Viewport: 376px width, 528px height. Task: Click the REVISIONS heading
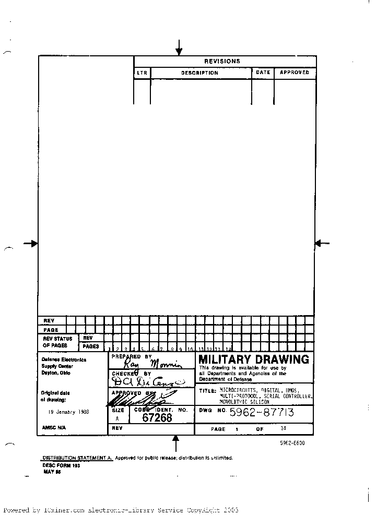coord(222,61)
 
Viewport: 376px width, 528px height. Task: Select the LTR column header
coord(142,73)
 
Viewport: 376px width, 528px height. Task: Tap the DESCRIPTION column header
coord(199,73)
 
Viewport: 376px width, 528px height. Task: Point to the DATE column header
coord(263,73)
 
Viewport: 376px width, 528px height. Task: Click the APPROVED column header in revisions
coord(295,73)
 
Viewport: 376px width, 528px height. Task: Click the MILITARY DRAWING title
coord(254,359)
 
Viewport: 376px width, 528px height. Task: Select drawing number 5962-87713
coord(262,413)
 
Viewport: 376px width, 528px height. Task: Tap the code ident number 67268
coord(157,417)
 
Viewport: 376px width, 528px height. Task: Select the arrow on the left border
coord(31,243)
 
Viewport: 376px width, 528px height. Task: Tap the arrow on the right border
coord(322,243)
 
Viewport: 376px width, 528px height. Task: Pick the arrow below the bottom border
coord(176,443)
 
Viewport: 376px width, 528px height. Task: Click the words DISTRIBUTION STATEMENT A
coord(77,458)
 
